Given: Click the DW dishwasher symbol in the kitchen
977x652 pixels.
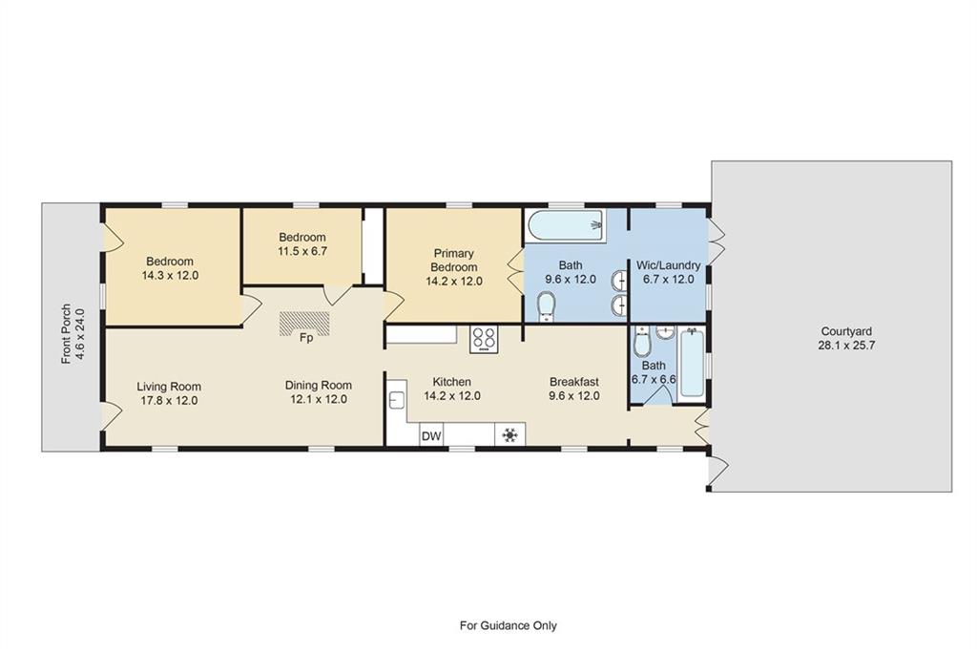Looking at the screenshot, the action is [x=431, y=435].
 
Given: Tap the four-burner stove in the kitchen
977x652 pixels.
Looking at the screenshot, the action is [x=484, y=340].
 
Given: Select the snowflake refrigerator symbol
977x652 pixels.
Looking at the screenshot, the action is [x=510, y=434].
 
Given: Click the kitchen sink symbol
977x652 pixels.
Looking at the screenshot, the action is [x=397, y=400].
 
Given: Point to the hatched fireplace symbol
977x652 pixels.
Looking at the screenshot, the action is [x=304, y=323].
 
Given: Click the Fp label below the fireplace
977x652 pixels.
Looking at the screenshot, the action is [x=306, y=338].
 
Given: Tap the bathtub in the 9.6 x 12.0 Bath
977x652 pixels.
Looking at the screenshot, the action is [x=565, y=225].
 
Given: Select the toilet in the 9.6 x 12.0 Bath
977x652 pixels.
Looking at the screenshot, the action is [x=547, y=306].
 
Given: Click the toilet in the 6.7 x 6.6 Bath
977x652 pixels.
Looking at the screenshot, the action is [x=642, y=342].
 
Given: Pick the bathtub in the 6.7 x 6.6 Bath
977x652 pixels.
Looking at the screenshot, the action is [x=692, y=364].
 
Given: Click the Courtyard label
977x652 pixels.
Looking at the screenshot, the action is [x=846, y=331].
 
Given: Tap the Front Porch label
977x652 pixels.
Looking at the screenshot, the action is [x=67, y=333].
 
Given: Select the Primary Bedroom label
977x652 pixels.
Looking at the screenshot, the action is [x=453, y=260].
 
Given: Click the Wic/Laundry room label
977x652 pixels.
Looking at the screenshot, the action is [x=668, y=265].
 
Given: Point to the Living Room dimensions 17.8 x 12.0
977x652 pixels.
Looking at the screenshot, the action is [x=169, y=400].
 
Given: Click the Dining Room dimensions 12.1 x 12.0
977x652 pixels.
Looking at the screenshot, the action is [x=319, y=399].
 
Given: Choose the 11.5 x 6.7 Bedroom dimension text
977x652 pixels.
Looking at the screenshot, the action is [x=302, y=251].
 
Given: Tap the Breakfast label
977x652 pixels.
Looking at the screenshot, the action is [x=573, y=382].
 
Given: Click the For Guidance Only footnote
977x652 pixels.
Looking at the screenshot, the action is [x=509, y=625].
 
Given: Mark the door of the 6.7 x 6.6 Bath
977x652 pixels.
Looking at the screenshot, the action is [x=658, y=394].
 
